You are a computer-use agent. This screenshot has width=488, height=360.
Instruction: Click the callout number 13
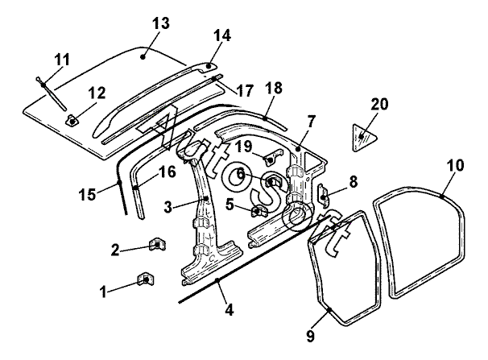(x=161, y=23)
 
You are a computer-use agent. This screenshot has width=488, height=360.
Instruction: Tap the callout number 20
(x=379, y=104)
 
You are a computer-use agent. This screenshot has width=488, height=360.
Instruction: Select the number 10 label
(x=455, y=165)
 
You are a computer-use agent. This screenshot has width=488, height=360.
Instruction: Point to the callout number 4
(x=229, y=310)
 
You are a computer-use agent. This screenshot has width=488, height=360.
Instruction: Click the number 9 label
(x=311, y=336)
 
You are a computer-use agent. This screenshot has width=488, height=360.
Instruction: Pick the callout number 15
(x=87, y=194)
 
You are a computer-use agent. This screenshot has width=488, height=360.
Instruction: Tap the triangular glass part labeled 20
(x=364, y=138)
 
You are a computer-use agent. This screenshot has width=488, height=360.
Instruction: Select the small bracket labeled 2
(x=158, y=244)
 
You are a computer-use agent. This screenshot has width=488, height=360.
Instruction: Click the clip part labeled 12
(x=72, y=121)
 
